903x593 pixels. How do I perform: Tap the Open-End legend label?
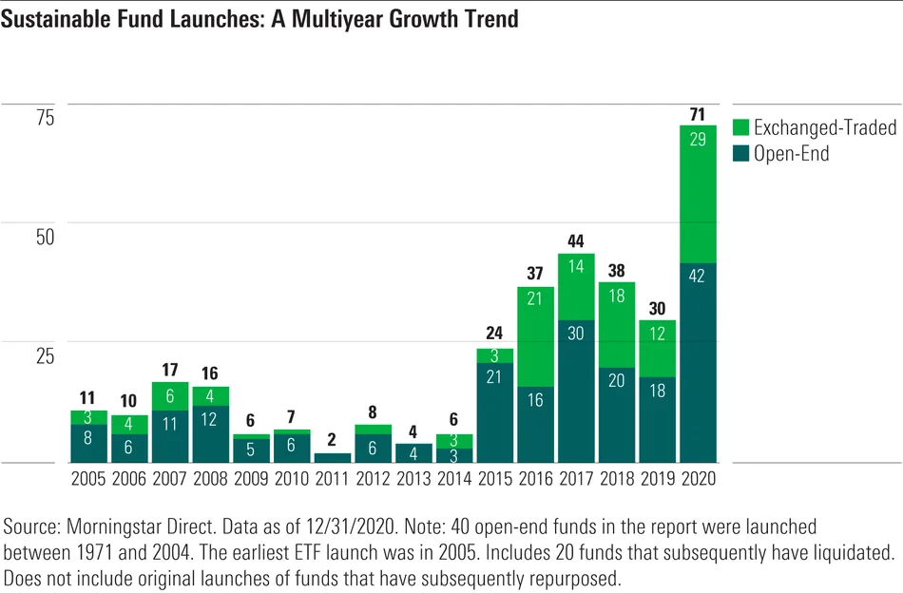tap(791, 154)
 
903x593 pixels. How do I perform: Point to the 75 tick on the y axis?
tap(46, 118)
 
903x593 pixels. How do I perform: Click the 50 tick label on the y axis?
tap(46, 237)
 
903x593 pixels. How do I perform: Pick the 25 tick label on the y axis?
tap(46, 355)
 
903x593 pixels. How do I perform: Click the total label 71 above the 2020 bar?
tap(697, 116)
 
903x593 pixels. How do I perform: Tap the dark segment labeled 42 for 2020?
tap(697, 362)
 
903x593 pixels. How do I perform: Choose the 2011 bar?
tap(333, 457)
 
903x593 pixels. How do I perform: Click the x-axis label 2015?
tap(494, 478)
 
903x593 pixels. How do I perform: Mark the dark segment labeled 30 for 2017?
tap(576, 391)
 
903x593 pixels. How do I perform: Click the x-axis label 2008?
tap(211, 478)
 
